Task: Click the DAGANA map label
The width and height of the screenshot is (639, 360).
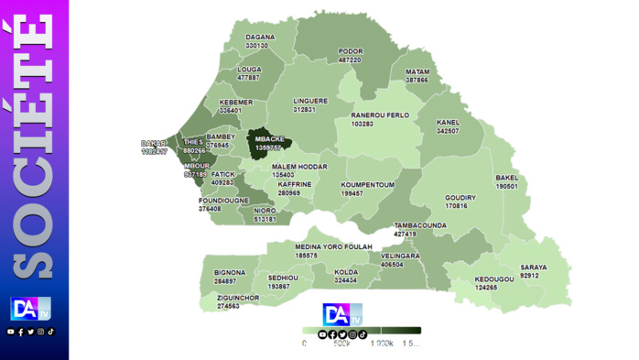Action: pyautogui.click(x=260, y=38)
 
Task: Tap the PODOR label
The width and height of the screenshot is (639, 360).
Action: pyautogui.click(x=351, y=51)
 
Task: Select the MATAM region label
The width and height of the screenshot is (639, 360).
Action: pyautogui.click(x=417, y=71)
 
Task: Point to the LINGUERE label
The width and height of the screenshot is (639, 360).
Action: pyautogui.click(x=310, y=101)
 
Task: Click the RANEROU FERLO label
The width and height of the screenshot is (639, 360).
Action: pyautogui.click(x=380, y=115)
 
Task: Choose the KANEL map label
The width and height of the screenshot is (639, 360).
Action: pyautogui.click(x=448, y=122)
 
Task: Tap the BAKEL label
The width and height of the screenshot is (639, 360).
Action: pyautogui.click(x=507, y=178)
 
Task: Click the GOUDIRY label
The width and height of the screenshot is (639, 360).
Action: pyautogui.click(x=460, y=197)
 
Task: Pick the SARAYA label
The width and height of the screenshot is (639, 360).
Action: pyautogui.click(x=533, y=267)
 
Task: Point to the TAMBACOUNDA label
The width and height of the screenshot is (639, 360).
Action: pyautogui.click(x=420, y=224)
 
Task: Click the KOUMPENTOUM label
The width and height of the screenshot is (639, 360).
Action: pyautogui.click(x=367, y=184)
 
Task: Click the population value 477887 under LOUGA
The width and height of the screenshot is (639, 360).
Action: pyautogui.click(x=249, y=78)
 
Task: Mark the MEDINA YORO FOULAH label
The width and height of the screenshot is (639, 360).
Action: pyautogui.click(x=333, y=246)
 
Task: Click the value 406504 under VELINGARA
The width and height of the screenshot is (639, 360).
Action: pyautogui.click(x=392, y=265)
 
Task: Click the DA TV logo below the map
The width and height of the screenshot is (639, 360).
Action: pyautogui.click(x=342, y=314)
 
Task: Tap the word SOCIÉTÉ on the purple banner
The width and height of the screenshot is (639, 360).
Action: pyautogui.click(x=33, y=147)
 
